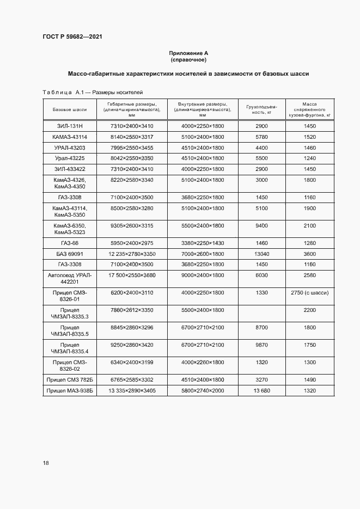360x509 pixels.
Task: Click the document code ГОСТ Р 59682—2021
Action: click(72, 37)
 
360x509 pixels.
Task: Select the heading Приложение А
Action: click(188, 53)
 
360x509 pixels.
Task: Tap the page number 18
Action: click(46, 463)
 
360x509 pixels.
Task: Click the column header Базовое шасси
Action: click(70, 109)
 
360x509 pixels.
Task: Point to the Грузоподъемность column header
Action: click(262, 109)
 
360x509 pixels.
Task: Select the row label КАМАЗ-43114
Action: click(70, 137)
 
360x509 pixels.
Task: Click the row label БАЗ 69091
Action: click(70, 254)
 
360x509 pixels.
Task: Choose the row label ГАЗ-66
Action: click(70, 242)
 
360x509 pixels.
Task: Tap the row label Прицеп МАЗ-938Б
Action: click(70, 390)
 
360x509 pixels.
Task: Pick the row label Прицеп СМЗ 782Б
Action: click(70, 379)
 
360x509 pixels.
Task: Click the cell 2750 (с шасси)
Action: click(310, 292)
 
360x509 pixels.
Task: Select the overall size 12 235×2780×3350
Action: click(132, 254)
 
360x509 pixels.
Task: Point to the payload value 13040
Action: click(262, 254)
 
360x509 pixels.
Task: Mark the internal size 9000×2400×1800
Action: click(203, 275)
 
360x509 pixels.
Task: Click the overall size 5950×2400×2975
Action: click(132, 242)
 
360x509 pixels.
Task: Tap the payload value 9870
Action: click(262, 345)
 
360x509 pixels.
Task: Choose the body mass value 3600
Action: click(310, 254)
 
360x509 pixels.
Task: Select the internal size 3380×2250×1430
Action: click(203, 242)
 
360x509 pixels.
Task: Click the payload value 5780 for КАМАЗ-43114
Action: click(262, 137)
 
